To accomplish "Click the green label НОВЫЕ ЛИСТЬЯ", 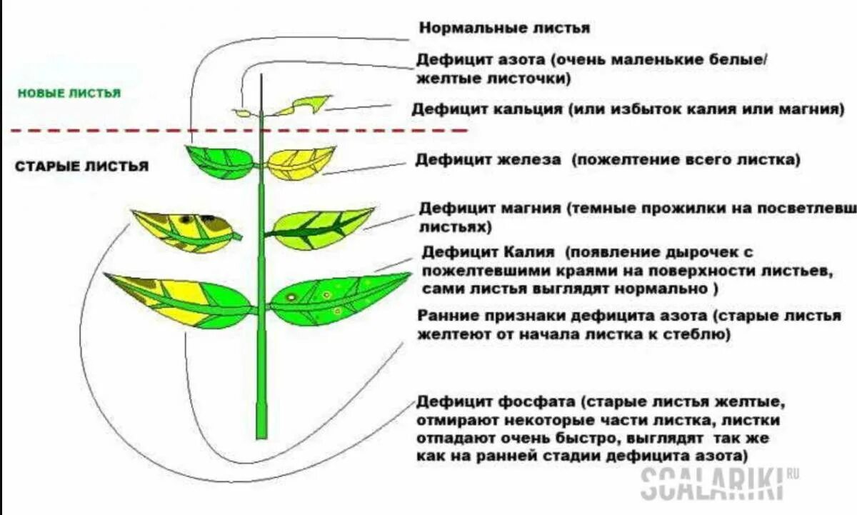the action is coord(69,94).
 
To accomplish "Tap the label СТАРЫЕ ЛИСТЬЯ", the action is coord(81,166).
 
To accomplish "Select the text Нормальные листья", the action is coord(504,29).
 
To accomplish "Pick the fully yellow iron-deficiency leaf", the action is coord(300,162).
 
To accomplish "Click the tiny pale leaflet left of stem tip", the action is coord(243,113).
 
